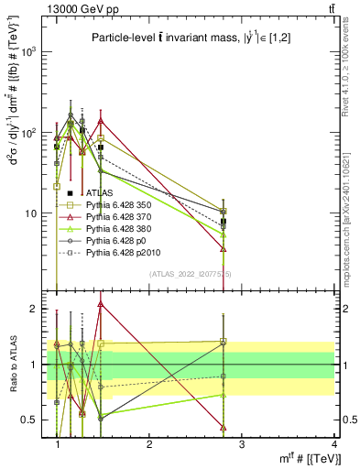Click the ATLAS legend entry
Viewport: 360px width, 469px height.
coord(101,193)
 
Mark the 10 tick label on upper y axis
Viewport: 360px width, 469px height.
coord(33,213)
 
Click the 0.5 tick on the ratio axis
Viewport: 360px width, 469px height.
coord(31,420)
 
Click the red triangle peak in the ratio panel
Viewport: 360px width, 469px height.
coord(101,304)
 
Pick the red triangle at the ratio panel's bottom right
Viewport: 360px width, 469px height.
coord(224,427)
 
